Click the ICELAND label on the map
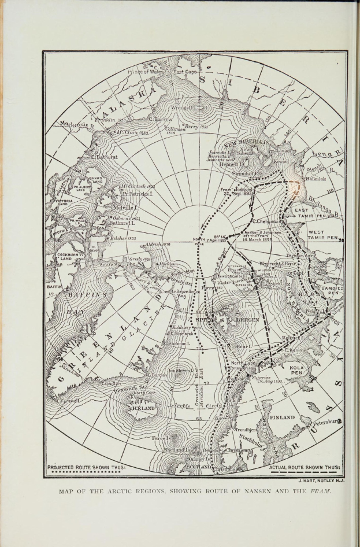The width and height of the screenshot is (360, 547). [x=144, y=408]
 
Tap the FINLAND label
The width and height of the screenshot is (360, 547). [x=282, y=416]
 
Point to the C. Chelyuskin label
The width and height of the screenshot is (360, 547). [x=266, y=221]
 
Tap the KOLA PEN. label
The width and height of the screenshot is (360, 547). [x=297, y=370]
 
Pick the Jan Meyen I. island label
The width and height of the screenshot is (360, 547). [x=180, y=370]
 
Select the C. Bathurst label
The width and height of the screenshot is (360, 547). [x=105, y=156]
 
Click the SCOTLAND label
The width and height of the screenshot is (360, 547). [x=198, y=466]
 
